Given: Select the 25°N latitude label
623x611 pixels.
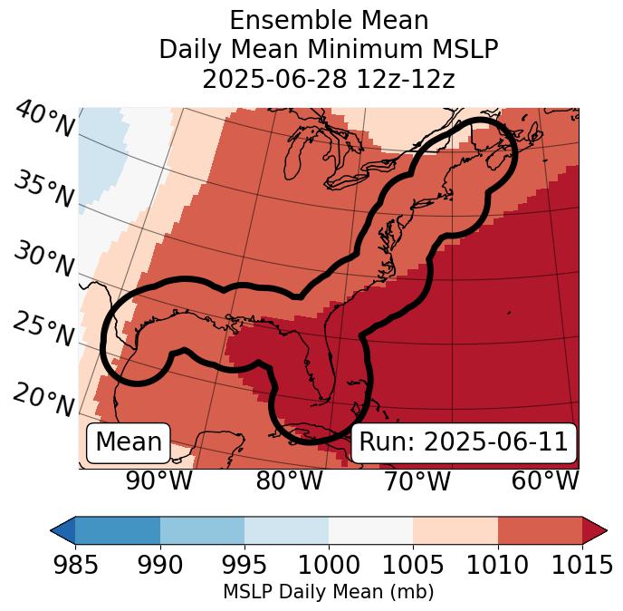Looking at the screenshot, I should [44, 329].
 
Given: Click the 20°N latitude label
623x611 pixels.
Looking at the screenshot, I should [44, 399].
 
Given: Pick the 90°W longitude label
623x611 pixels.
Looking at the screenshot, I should [158, 481].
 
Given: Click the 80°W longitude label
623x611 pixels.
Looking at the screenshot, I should [289, 481].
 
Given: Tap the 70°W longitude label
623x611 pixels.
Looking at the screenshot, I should [417, 481].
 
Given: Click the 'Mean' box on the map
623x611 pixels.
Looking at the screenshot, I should [129, 442].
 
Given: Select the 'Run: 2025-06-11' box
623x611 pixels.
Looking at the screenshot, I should [464, 442].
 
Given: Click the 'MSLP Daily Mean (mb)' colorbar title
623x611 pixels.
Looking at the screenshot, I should [328, 593].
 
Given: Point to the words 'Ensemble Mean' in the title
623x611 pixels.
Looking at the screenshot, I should [329, 20].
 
